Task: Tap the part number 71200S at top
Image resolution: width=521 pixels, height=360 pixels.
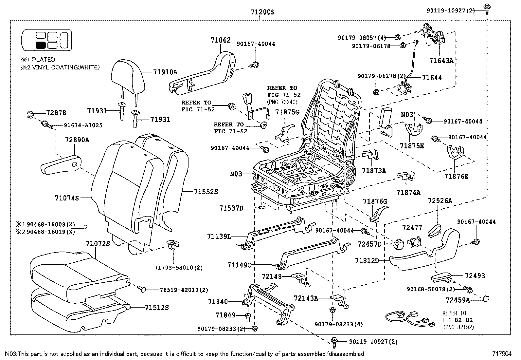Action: point(262,12)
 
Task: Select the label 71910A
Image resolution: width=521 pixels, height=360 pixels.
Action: point(165,72)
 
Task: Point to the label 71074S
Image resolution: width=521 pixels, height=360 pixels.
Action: point(67,198)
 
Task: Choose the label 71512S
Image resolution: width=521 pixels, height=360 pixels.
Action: point(157,308)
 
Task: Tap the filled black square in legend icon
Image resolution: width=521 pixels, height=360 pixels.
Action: point(41,46)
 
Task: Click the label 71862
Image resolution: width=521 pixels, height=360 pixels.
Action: point(221,40)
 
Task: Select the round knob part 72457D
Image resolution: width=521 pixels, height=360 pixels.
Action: point(398,243)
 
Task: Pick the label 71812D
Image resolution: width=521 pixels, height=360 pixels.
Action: point(367,261)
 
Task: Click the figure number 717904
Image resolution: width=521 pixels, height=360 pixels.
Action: point(502,354)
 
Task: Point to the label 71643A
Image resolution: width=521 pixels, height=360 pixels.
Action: point(441,61)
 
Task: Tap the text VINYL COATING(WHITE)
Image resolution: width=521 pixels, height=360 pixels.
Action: point(65,67)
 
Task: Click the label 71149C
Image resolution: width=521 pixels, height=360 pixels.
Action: point(239,265)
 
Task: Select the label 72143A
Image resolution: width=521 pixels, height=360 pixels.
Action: point(306,298)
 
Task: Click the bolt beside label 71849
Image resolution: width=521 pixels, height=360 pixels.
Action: point(248,316)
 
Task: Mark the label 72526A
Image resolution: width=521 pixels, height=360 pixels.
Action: point(440,201)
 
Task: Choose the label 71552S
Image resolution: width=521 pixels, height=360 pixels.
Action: point(206,192)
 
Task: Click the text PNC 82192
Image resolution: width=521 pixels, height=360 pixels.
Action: point(458,327)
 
